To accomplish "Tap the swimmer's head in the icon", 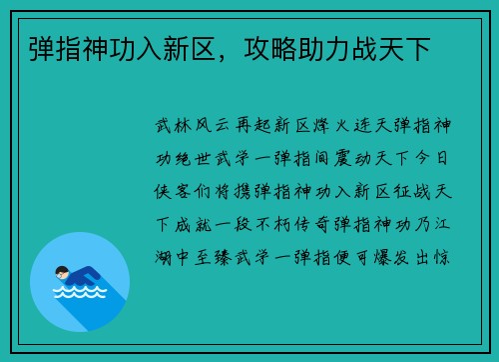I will (62, 272).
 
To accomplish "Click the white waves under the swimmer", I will (79, 293).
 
